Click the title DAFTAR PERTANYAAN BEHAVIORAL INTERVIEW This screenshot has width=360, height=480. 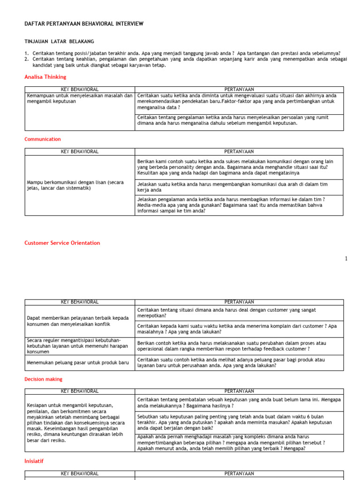(x=84, y=23)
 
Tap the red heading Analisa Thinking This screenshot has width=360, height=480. (x=45, y=77)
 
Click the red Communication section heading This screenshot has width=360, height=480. (x=43, y=139)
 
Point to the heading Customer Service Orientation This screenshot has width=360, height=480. (x=62, y=243)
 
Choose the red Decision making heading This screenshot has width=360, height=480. (x=43, y=379)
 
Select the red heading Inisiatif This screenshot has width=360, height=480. (x=35, y=461)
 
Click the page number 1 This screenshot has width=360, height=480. (x=346, y=258)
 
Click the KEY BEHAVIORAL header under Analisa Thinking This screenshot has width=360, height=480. (x=80, y=89)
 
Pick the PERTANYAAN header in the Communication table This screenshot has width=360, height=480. (x=239, y=151)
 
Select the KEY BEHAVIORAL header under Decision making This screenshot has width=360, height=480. (x=80, y=391)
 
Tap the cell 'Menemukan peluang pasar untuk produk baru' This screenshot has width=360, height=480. (x=78, y=363)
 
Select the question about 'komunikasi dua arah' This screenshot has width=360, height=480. (x=232, y=187)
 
